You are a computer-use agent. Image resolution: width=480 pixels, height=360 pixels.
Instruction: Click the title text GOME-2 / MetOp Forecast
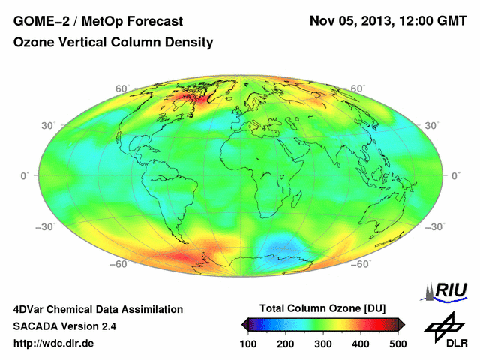(x=98, y=20)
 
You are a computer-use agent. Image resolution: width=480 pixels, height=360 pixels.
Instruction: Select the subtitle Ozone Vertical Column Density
(x=113, y=43)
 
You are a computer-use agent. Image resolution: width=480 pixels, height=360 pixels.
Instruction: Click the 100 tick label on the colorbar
(x=249, y=343)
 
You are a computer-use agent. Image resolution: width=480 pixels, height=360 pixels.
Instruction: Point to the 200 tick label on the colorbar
(x=286, y=343)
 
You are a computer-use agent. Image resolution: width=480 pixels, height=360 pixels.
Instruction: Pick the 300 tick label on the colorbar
(x=323, y=343)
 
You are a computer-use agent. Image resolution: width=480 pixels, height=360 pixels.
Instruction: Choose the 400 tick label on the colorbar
(x=361, y=343)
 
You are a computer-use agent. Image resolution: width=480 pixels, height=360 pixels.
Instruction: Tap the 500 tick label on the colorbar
(x=397, y=343)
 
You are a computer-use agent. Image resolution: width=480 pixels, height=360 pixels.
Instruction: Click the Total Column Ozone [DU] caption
(x=322, y=309)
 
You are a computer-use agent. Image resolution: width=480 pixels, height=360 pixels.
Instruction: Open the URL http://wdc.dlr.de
(x=54, y=343)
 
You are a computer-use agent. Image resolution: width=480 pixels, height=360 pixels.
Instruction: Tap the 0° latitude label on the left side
(x=25, y=175)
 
